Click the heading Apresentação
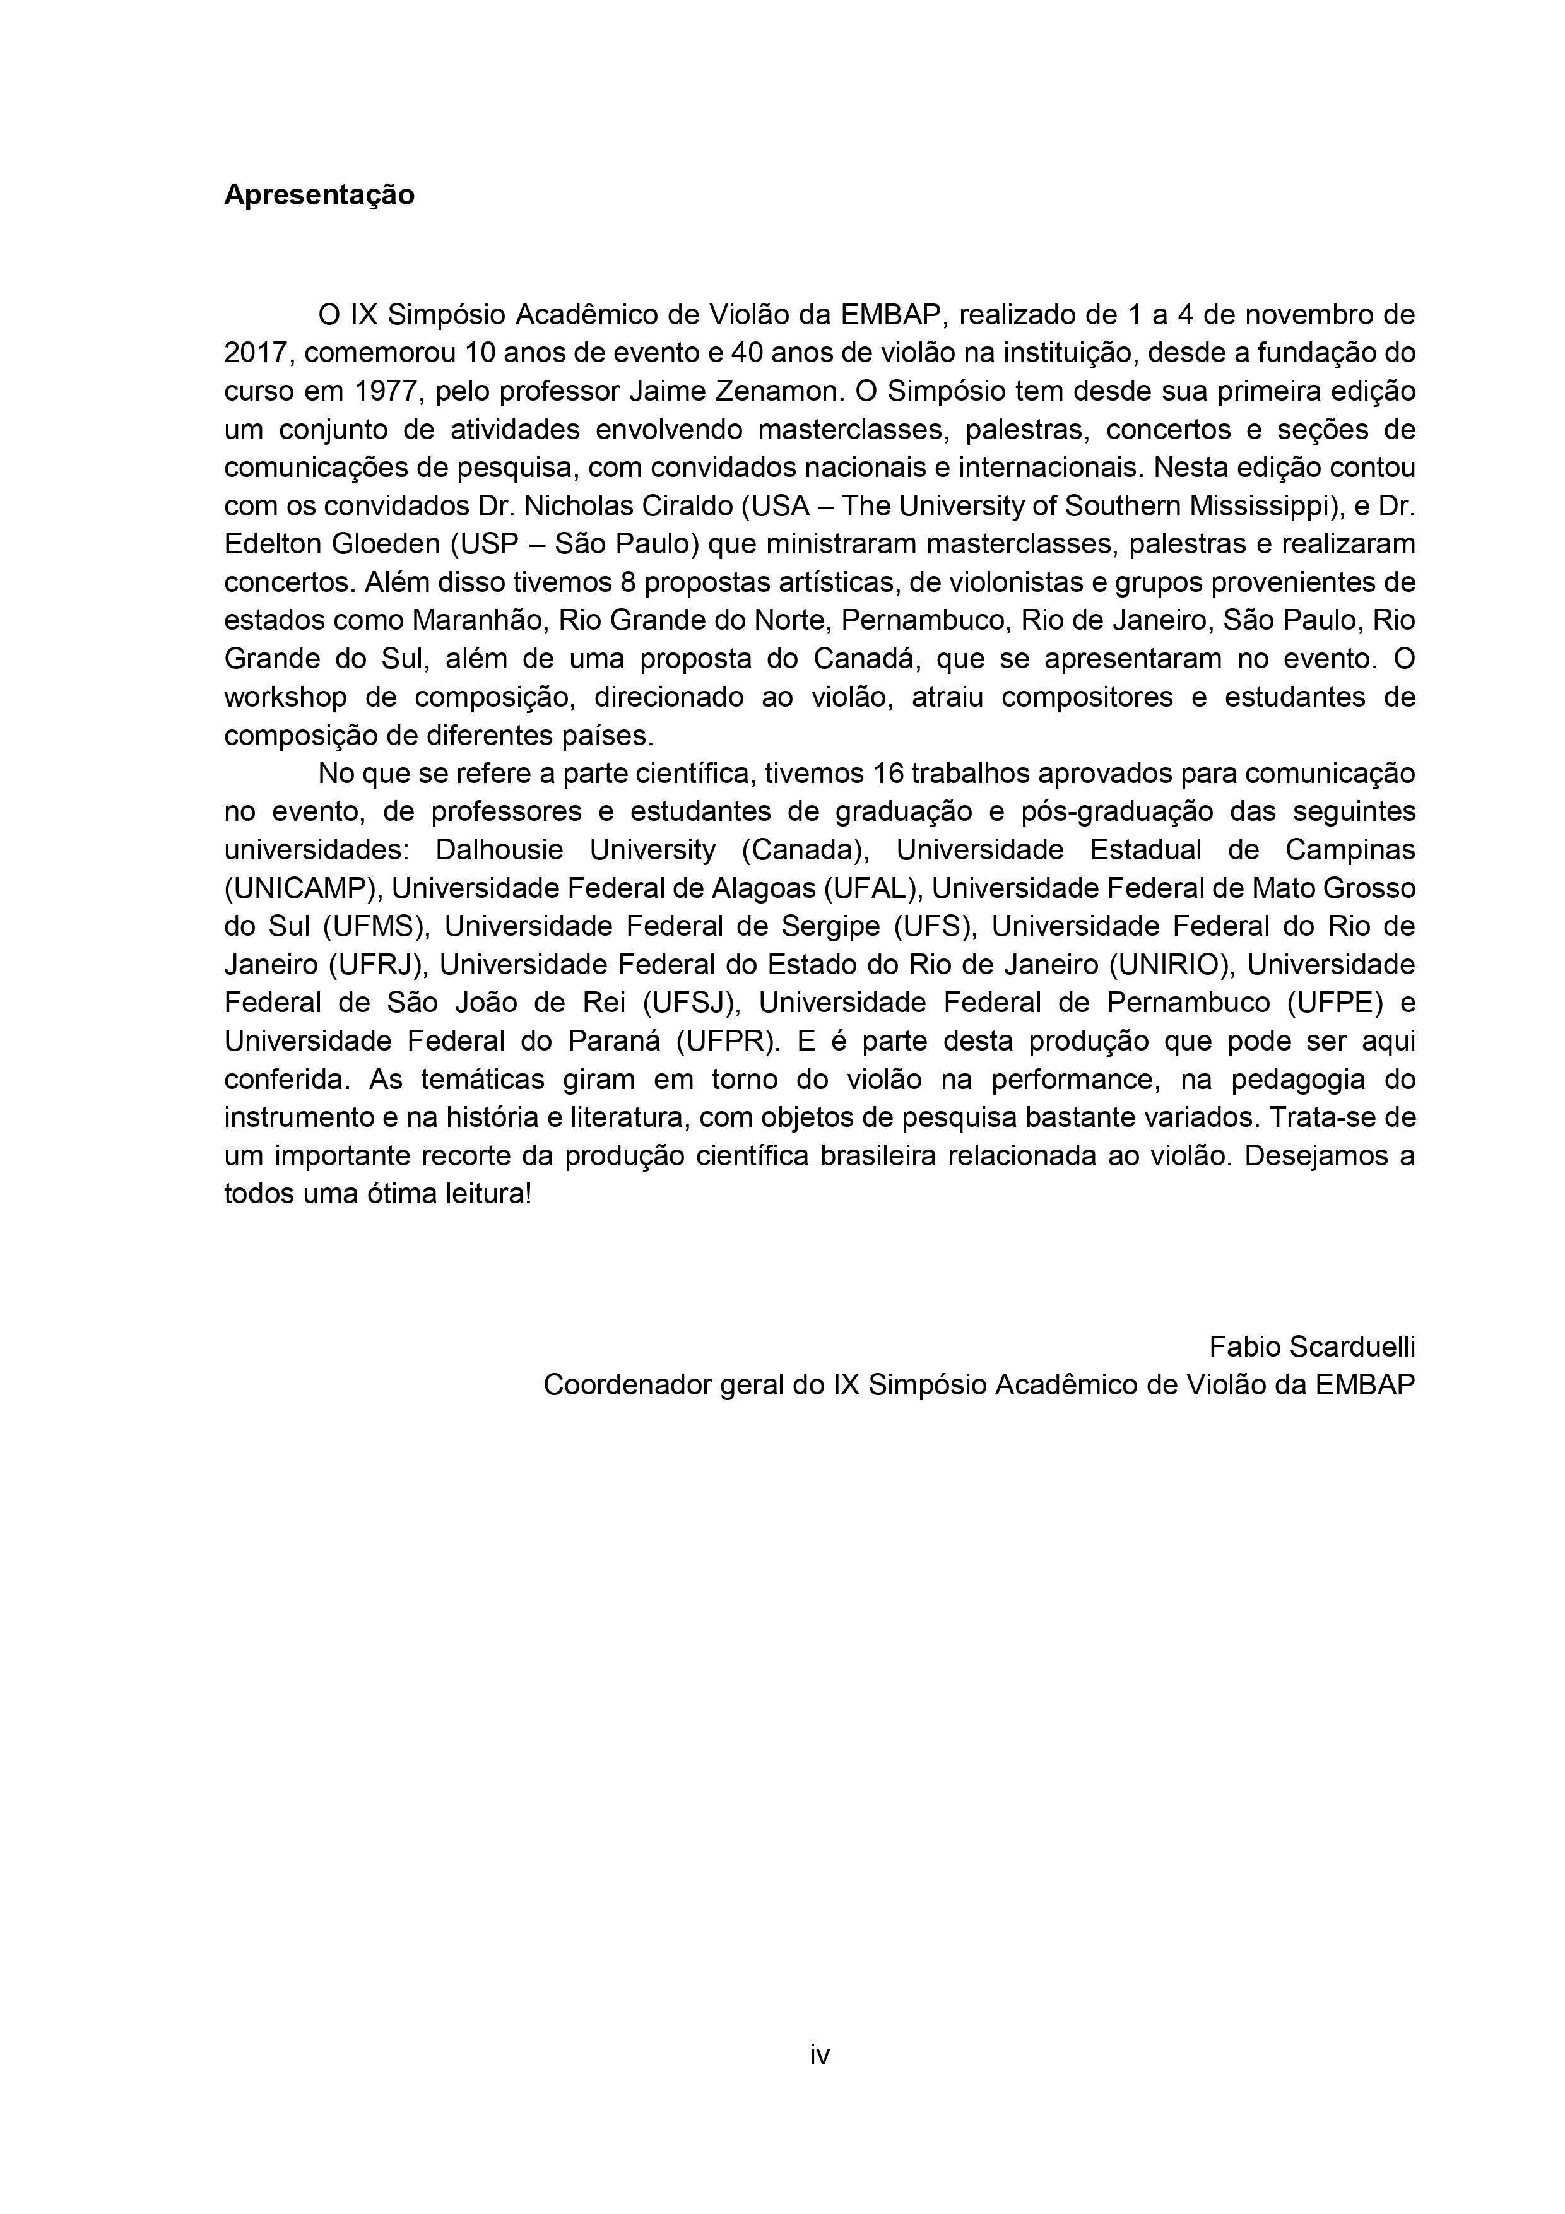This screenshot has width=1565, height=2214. pos(319,195)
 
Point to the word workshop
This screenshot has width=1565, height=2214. pos(285,697)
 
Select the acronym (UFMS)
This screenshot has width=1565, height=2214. pos(374,926)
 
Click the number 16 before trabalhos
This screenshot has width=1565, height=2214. pos(886,774)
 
